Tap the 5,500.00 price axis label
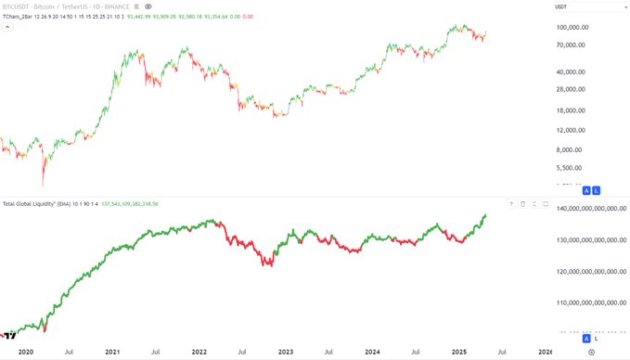[x=565, y=168]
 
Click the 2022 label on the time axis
[x=199, y=353]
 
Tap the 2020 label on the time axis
[x=26, y=353]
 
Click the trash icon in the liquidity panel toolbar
[x=523, y=203]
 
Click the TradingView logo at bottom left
[x=9, y=335]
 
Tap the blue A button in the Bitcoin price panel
[x=586, y=190]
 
